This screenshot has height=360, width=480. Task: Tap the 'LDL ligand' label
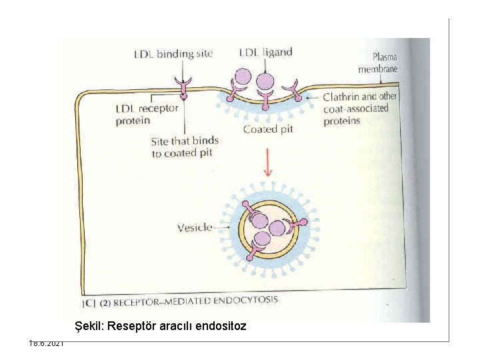[265, 52]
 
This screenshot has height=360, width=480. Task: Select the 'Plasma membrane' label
[377, 63]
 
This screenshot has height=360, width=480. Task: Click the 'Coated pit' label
[268, 129]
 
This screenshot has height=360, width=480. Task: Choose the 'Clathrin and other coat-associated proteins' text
[359, 108]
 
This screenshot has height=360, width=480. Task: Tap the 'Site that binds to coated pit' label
[185, 147]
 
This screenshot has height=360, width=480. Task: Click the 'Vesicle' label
[194, 227]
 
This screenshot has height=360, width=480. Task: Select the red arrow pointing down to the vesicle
[267, 162]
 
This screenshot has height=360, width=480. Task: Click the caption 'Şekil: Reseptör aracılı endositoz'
[161, 326]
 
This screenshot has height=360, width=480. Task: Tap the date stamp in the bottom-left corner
[46, 343]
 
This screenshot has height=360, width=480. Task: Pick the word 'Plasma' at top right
[385, 57]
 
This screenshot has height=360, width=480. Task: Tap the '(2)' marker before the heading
[105, 302]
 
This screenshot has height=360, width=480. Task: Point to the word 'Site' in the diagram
[161, 141]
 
